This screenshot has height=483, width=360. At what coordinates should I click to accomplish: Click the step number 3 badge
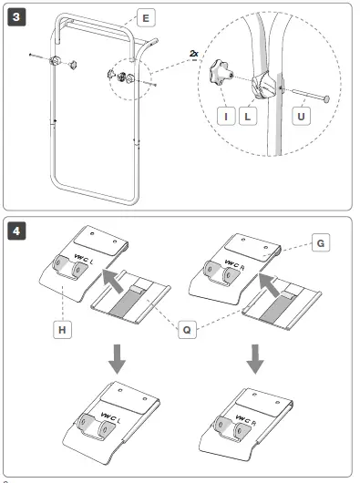pos(16,17)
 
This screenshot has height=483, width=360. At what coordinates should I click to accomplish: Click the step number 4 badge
pos(16,231)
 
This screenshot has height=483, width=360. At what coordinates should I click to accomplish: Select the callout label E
pos(146,18)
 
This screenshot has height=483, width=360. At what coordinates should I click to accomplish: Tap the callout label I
pos(226,116)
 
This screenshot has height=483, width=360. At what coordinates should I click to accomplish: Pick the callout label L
pos(248,116)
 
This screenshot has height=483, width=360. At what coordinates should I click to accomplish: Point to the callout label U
pos(301,116)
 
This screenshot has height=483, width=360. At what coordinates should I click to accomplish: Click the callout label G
pos(321,243)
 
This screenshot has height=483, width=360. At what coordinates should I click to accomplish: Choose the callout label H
pos(62,330)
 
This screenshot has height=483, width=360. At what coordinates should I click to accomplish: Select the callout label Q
pos(187,330)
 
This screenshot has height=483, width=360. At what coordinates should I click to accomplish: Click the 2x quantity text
pos(194,54)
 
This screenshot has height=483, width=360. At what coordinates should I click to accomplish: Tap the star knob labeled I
pos(221,72)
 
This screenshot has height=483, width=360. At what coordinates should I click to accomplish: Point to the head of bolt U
pos(326,99)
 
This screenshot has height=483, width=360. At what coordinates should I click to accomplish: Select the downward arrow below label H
pos(117,359)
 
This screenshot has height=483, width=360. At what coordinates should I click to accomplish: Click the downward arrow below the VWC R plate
pos(255,359)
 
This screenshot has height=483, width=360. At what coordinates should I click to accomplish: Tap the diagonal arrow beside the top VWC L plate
pos(112,280)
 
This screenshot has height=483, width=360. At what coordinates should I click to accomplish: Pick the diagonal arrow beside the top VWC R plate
pos(269,285)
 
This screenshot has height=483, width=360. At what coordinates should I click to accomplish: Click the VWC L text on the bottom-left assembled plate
pos(110,417)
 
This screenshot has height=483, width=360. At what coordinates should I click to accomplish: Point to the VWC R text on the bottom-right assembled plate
pos(246,420)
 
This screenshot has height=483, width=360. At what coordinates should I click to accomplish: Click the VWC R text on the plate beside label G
pos(234,265)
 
